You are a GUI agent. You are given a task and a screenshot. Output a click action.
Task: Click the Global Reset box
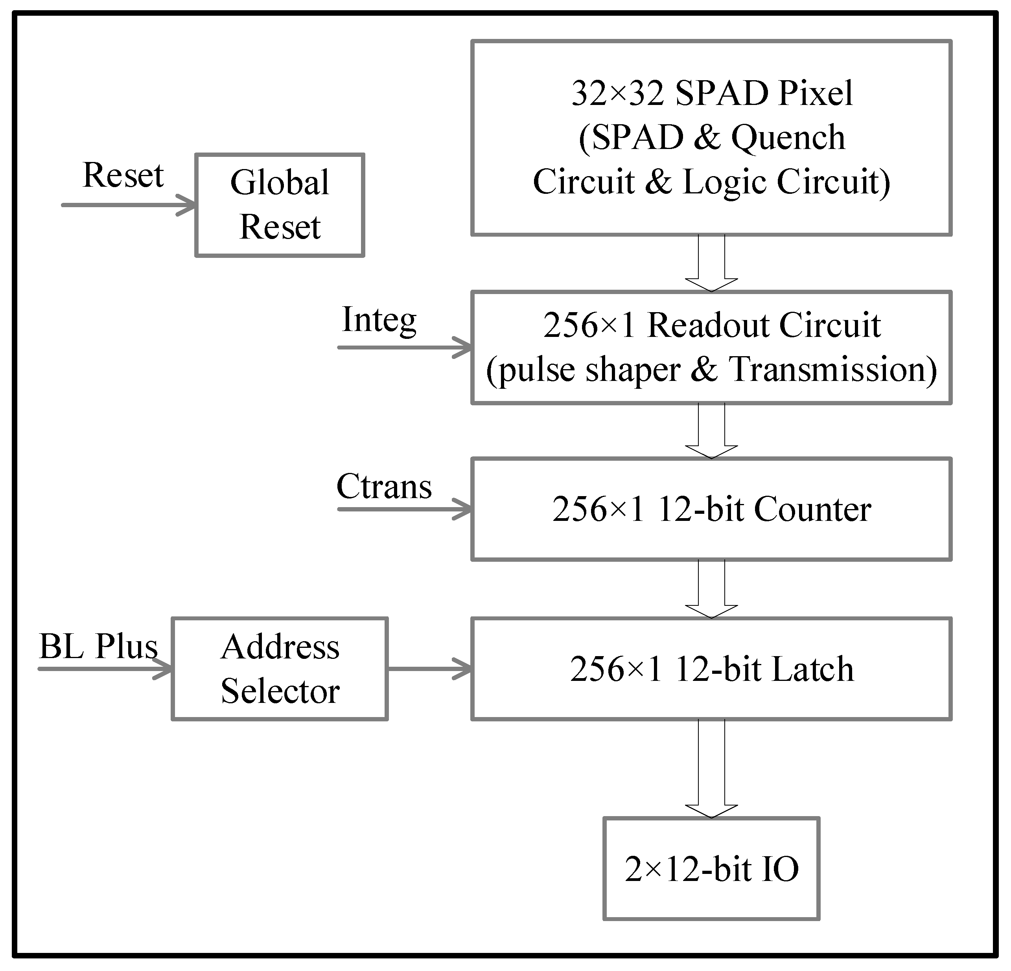[280, 205]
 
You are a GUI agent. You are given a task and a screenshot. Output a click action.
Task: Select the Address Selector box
[280, 669]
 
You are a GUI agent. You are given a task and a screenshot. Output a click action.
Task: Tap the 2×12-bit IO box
[711, 869]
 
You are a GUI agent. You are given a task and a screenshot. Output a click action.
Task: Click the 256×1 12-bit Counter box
[711, 509]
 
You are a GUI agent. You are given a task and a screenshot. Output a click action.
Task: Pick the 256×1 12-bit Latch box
[711, 669]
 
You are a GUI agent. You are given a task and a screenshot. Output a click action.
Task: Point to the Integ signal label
[379, 321]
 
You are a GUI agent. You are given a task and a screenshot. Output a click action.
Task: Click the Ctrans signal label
[384, 486]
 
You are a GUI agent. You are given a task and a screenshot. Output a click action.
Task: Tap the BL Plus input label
[98, 646]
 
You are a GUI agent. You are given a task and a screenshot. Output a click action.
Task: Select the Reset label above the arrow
[123, 175]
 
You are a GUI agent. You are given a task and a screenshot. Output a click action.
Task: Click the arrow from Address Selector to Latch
[429, 669]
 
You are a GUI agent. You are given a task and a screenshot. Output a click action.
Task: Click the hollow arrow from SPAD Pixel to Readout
[711, 263]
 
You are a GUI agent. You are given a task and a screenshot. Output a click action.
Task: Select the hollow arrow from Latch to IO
[711, 768]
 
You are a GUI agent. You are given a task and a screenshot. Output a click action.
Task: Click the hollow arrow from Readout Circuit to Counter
[711, 430]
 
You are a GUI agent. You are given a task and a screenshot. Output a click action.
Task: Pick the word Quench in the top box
[788, 138]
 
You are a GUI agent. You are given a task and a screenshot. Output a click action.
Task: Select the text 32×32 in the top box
[617, 94]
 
